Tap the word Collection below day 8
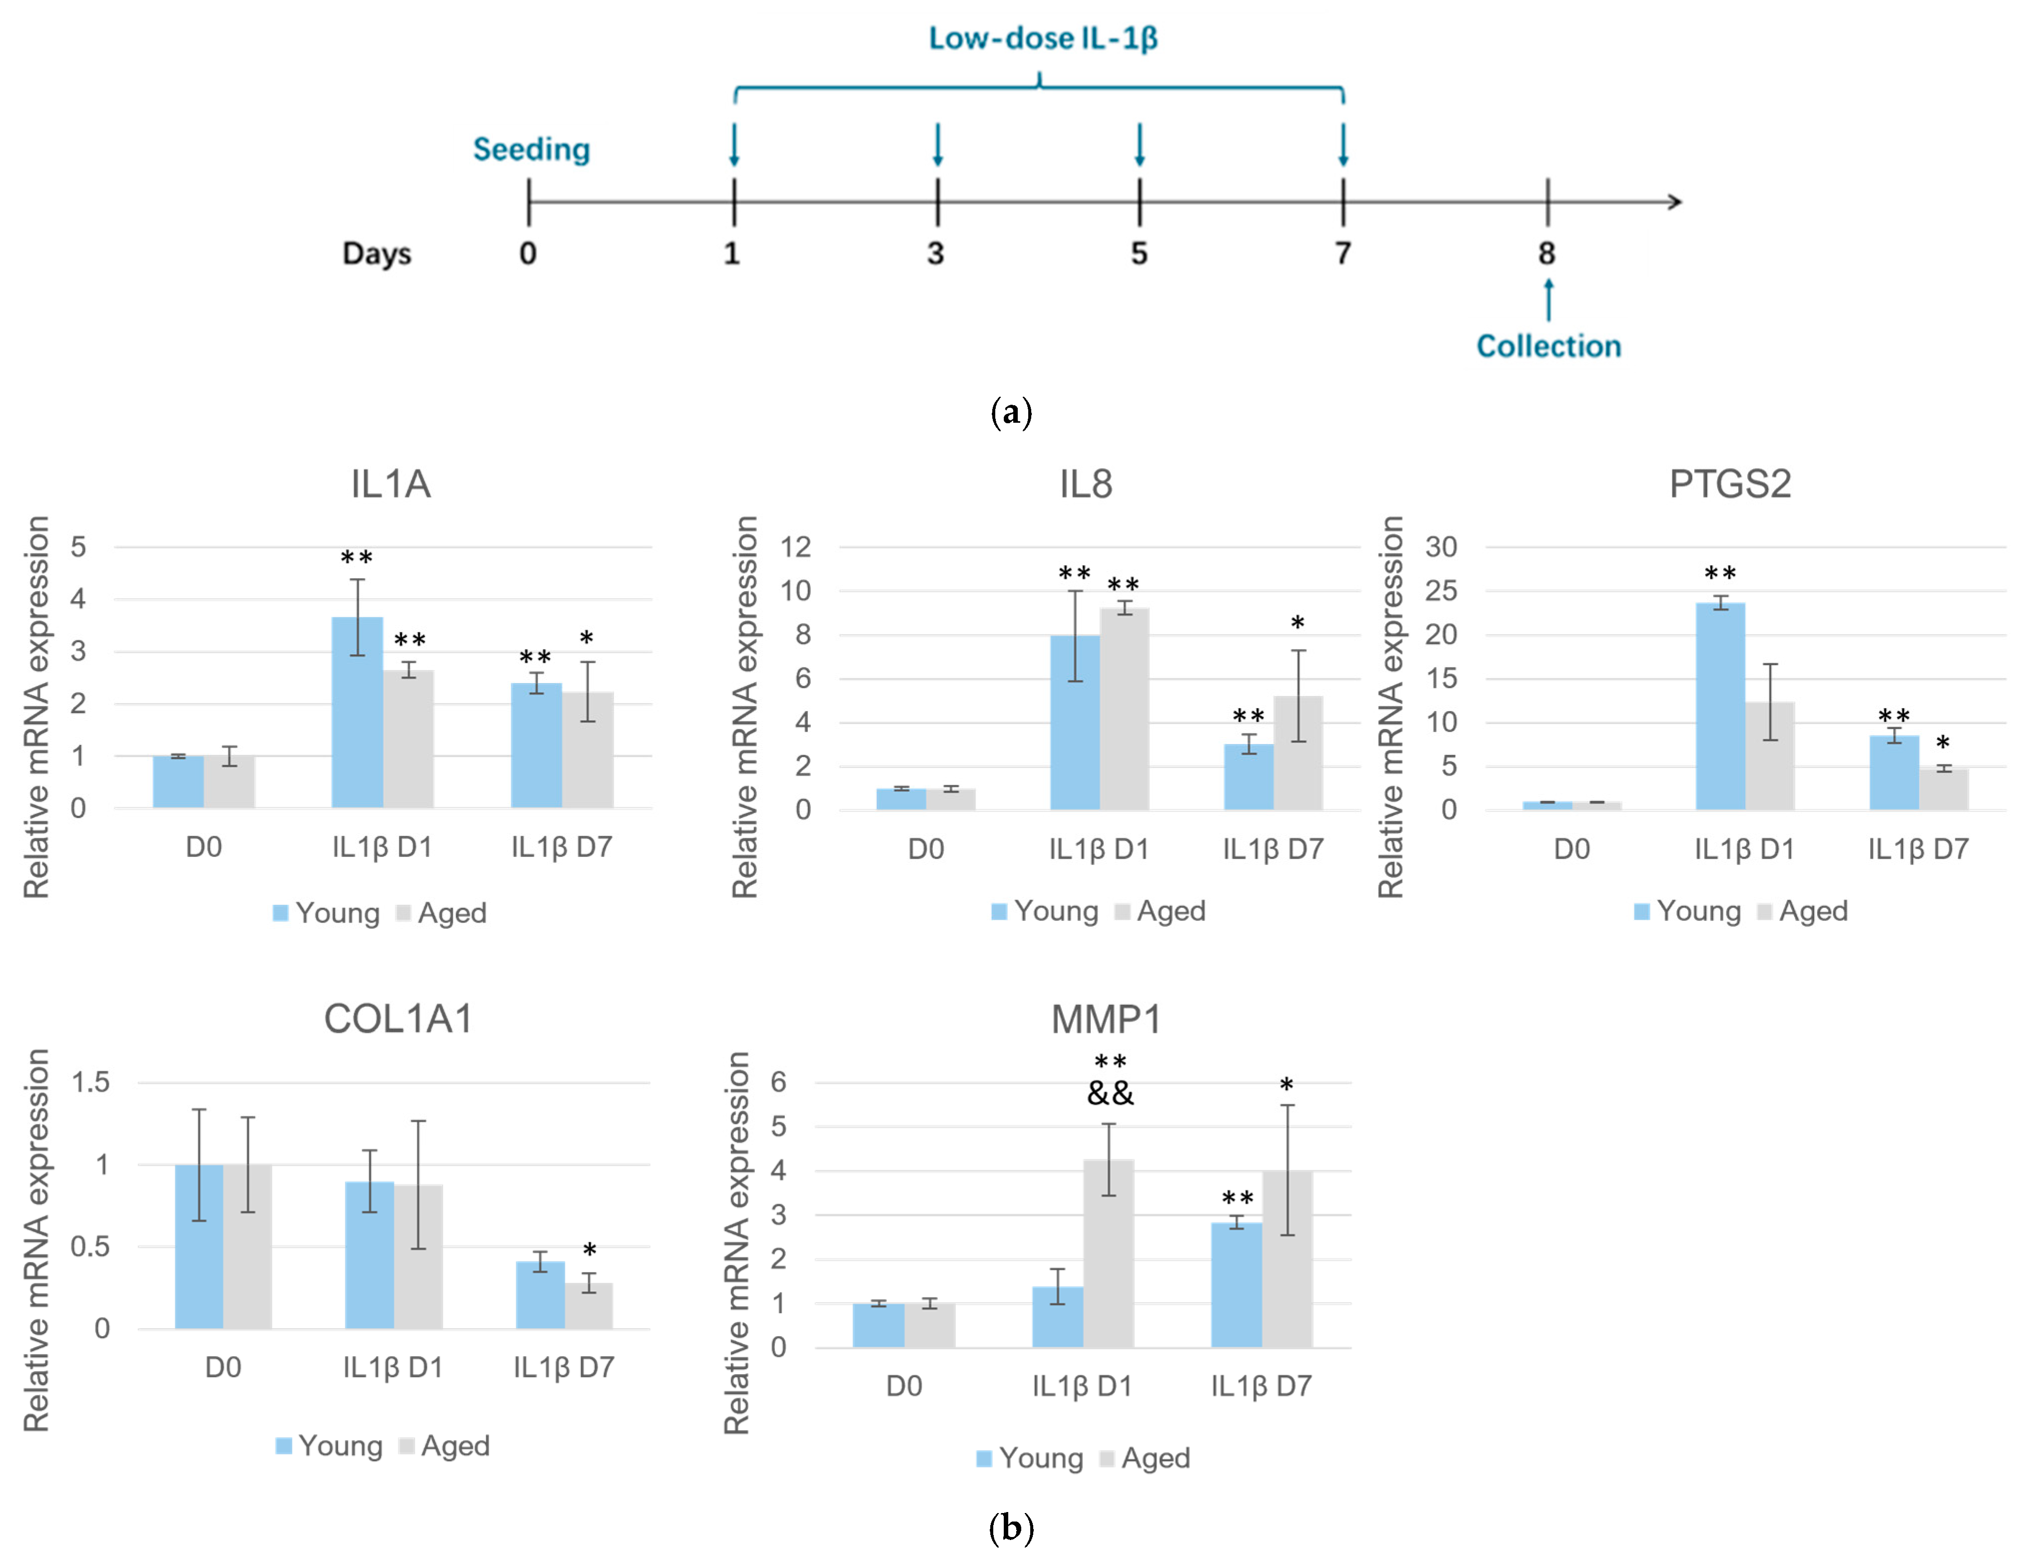click(x=1549, y=346)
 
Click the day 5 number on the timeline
click(x=1139, y=253)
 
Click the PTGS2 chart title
click(x=1730, y=484)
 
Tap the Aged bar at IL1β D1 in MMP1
click(x=1109, y=1253)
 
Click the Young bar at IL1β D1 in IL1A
click(x=357, y=712)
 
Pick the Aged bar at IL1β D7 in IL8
click(x=1298, y=753)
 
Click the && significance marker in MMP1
click(x=1111, y=1093)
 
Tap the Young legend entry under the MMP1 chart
click(x=1030, y=1458)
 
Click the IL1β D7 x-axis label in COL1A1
click(x=564, y=1368)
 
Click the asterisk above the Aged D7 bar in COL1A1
click(x=589, y=1250)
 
